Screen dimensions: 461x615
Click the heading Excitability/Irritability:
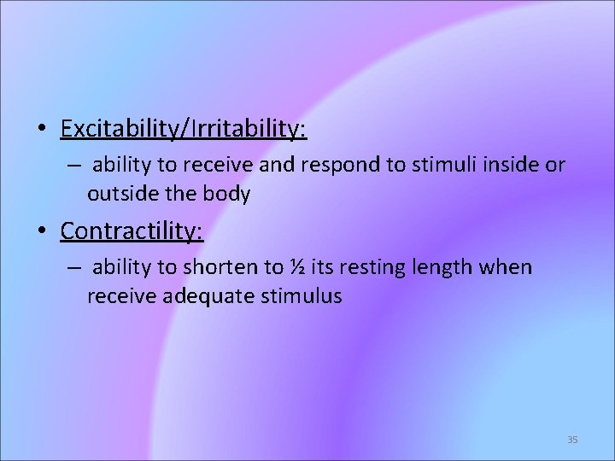(x=184, y=130)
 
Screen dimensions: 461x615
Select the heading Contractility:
(x=132, y=230)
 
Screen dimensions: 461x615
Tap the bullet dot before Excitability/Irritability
(x=41, y=131)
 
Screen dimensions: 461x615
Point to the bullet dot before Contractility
(x=41, y=231)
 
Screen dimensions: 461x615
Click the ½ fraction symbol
(x=297, y=268)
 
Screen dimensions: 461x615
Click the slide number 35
(x=572, y=440)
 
